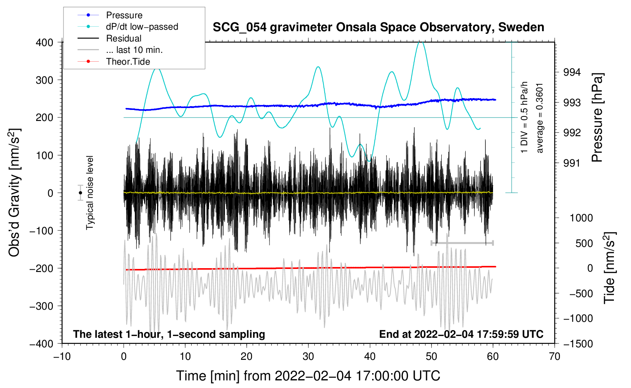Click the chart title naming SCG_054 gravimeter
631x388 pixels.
(378, 27)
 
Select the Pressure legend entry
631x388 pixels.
(124, 15)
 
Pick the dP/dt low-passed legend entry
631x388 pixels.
(142, 27)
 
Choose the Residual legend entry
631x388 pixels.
(124, 38)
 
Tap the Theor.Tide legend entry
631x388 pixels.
(128, 62)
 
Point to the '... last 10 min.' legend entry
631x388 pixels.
(134, 50)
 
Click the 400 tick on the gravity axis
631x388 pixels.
(45, 42)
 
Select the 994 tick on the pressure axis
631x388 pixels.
(572, 72)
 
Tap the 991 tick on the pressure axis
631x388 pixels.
(572, 163)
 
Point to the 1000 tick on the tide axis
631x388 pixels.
(581, 218)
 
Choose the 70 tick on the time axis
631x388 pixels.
(555, 356)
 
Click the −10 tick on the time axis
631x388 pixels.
(62, 356)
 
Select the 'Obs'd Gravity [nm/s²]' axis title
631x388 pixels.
(14, 193)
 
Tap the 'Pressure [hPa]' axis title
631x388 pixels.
(597, 118)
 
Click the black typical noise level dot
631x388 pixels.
(80, 193)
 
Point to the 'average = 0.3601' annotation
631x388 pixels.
(540, 118)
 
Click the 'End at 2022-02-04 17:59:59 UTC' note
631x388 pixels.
(461, 334)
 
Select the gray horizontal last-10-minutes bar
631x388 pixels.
(462, 243)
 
